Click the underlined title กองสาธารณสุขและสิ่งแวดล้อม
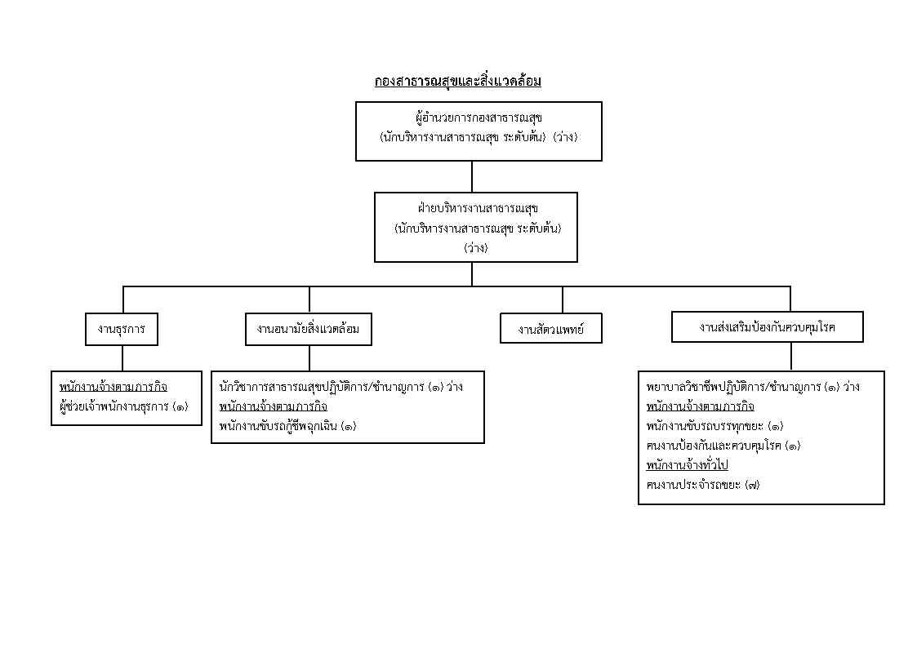(458, 81)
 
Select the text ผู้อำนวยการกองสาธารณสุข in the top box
(479, 118)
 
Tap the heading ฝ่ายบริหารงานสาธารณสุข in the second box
(478, 208)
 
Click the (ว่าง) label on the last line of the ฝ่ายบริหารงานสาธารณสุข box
(476, 248)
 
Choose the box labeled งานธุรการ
(122, 329)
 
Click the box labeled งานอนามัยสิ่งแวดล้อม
(308, 329)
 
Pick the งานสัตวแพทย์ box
(551, 329)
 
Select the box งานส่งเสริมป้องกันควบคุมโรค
(768, 326)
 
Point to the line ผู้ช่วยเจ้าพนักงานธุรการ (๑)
(124, 406)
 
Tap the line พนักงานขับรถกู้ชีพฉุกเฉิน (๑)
(287, 426)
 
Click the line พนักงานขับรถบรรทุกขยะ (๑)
(714, 426)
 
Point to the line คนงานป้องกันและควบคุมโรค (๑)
(723, 446)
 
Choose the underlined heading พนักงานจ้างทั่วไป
(688, 465)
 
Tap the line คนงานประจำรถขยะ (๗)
(703, 485)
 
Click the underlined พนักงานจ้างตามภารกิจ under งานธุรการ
(114, 387)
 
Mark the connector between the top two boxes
(472, 176)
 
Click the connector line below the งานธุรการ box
(122, 358)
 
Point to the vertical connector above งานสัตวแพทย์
(563, 300)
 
